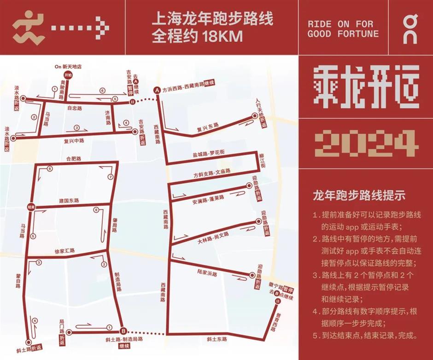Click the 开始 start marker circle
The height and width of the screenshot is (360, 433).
pos(68,75)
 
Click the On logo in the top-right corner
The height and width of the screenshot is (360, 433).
pos(410,28)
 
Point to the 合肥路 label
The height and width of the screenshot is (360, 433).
pos(74,158)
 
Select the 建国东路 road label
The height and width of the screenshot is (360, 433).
pos(69,201)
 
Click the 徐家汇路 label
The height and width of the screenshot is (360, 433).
pos(64,251)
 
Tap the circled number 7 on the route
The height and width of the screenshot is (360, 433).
pos(110,177)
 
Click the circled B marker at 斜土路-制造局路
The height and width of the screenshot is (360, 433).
pos(123,331)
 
